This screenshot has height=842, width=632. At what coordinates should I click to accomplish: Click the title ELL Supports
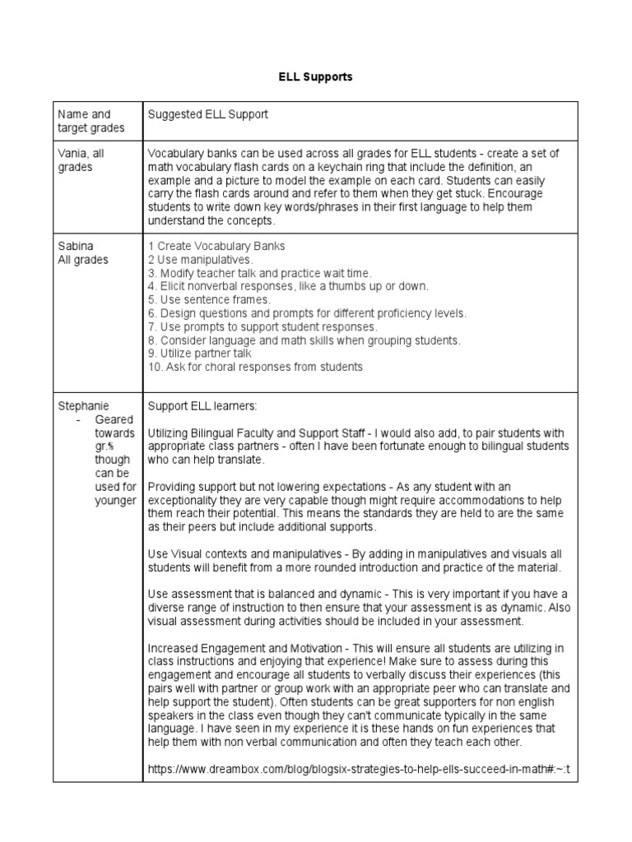point(316,76)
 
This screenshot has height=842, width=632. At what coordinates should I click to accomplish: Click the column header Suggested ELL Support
point(207,114)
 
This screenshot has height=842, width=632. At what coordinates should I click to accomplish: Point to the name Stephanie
point(83,406)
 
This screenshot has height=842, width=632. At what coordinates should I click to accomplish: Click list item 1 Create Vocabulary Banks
point(216,246)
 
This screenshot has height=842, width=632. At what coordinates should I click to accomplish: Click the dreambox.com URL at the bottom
point(359,770)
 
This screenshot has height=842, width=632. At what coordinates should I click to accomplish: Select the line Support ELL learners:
point(194,406)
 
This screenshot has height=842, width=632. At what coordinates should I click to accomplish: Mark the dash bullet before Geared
point(76,419)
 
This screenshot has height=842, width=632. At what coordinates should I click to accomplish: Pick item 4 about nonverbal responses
point(288,286)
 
